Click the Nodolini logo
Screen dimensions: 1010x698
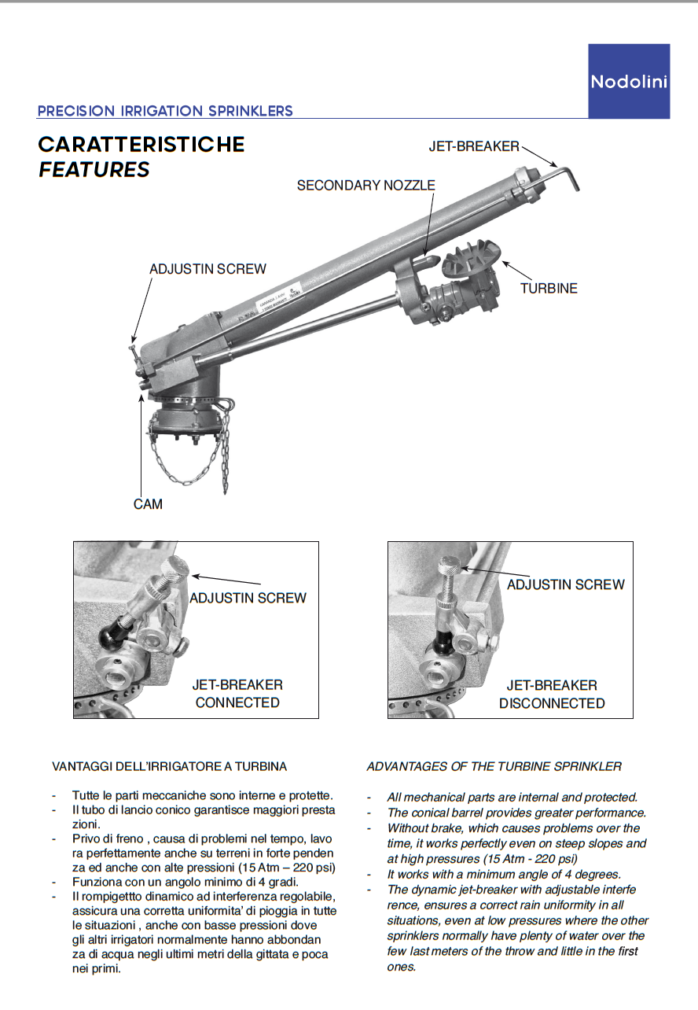629,81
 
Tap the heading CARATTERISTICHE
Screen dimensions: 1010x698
141,145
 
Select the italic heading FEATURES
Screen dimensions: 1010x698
94,169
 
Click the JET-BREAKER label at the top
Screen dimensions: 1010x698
473,146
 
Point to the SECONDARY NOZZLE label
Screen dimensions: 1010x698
366,186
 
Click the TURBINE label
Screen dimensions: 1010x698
549,289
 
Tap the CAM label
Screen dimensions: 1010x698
148,504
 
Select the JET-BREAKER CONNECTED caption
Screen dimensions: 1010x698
237,694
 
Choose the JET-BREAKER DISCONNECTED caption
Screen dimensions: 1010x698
552,695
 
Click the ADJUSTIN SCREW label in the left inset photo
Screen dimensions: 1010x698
248,598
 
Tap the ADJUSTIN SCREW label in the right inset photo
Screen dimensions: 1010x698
566,584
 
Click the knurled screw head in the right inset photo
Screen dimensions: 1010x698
450,564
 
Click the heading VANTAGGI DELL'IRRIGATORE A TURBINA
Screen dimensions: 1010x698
169,766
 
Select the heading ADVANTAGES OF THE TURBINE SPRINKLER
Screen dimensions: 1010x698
494,766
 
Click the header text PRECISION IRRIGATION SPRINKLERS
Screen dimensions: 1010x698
165,111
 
